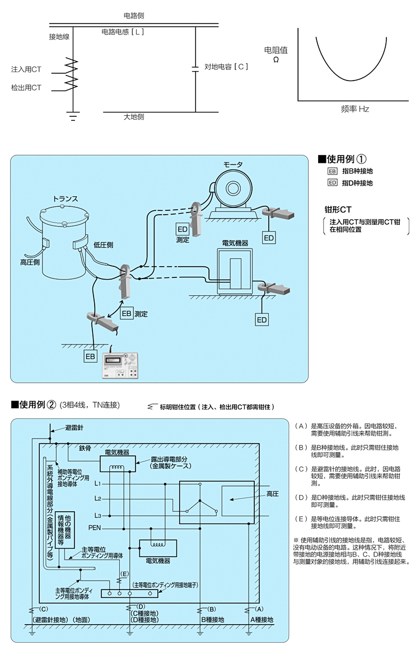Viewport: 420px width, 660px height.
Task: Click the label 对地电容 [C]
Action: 226,67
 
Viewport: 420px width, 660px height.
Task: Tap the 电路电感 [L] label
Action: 123,32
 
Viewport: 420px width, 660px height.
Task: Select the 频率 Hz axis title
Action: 355,109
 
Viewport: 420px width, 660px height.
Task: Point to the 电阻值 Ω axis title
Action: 276,54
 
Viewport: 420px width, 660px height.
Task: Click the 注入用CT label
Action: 26,69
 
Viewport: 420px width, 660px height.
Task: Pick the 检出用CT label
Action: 26,88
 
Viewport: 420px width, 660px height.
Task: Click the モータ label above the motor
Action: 234,164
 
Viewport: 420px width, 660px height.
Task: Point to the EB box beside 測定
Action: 127,314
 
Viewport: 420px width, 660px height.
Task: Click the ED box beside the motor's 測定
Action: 183,230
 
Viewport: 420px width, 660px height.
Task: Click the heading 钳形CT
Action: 338,210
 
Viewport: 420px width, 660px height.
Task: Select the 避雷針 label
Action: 74,428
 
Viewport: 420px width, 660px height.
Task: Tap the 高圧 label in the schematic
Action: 273,494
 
